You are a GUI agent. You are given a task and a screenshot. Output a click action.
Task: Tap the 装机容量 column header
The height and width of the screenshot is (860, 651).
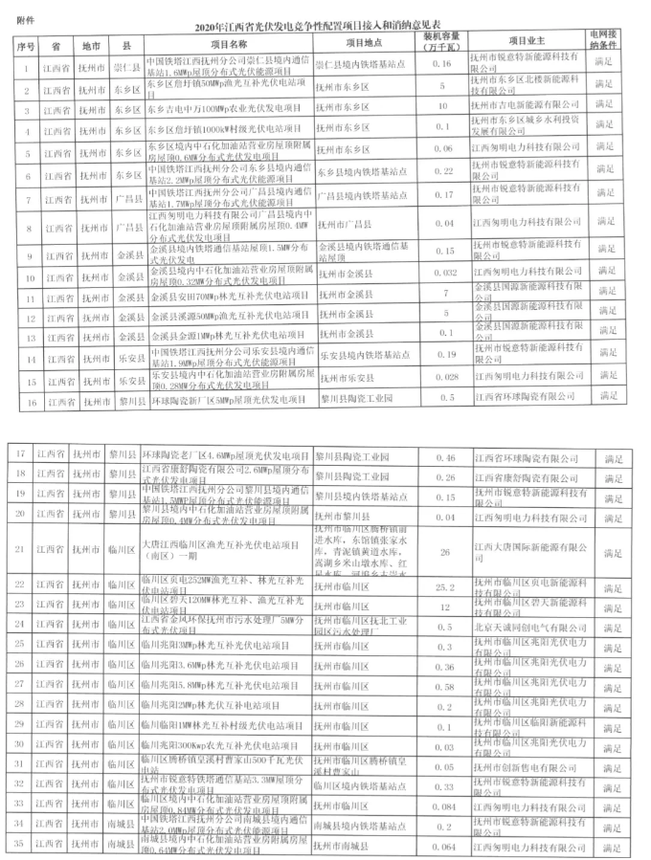click(x=441, y=44)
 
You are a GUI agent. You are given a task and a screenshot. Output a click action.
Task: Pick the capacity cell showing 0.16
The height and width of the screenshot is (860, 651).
click(x=441, y=64)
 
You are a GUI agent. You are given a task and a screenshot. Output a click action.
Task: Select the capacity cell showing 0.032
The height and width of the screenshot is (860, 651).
click(x=441, y=274)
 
